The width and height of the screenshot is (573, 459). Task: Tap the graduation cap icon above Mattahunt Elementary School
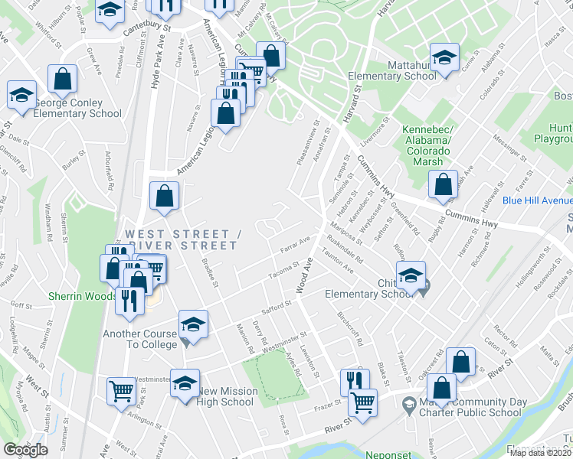444,59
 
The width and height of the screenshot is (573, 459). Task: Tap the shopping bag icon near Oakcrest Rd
460,363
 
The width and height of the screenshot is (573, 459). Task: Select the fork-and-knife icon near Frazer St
355,382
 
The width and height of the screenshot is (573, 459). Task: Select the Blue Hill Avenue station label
537,200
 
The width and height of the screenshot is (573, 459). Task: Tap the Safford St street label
278,306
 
